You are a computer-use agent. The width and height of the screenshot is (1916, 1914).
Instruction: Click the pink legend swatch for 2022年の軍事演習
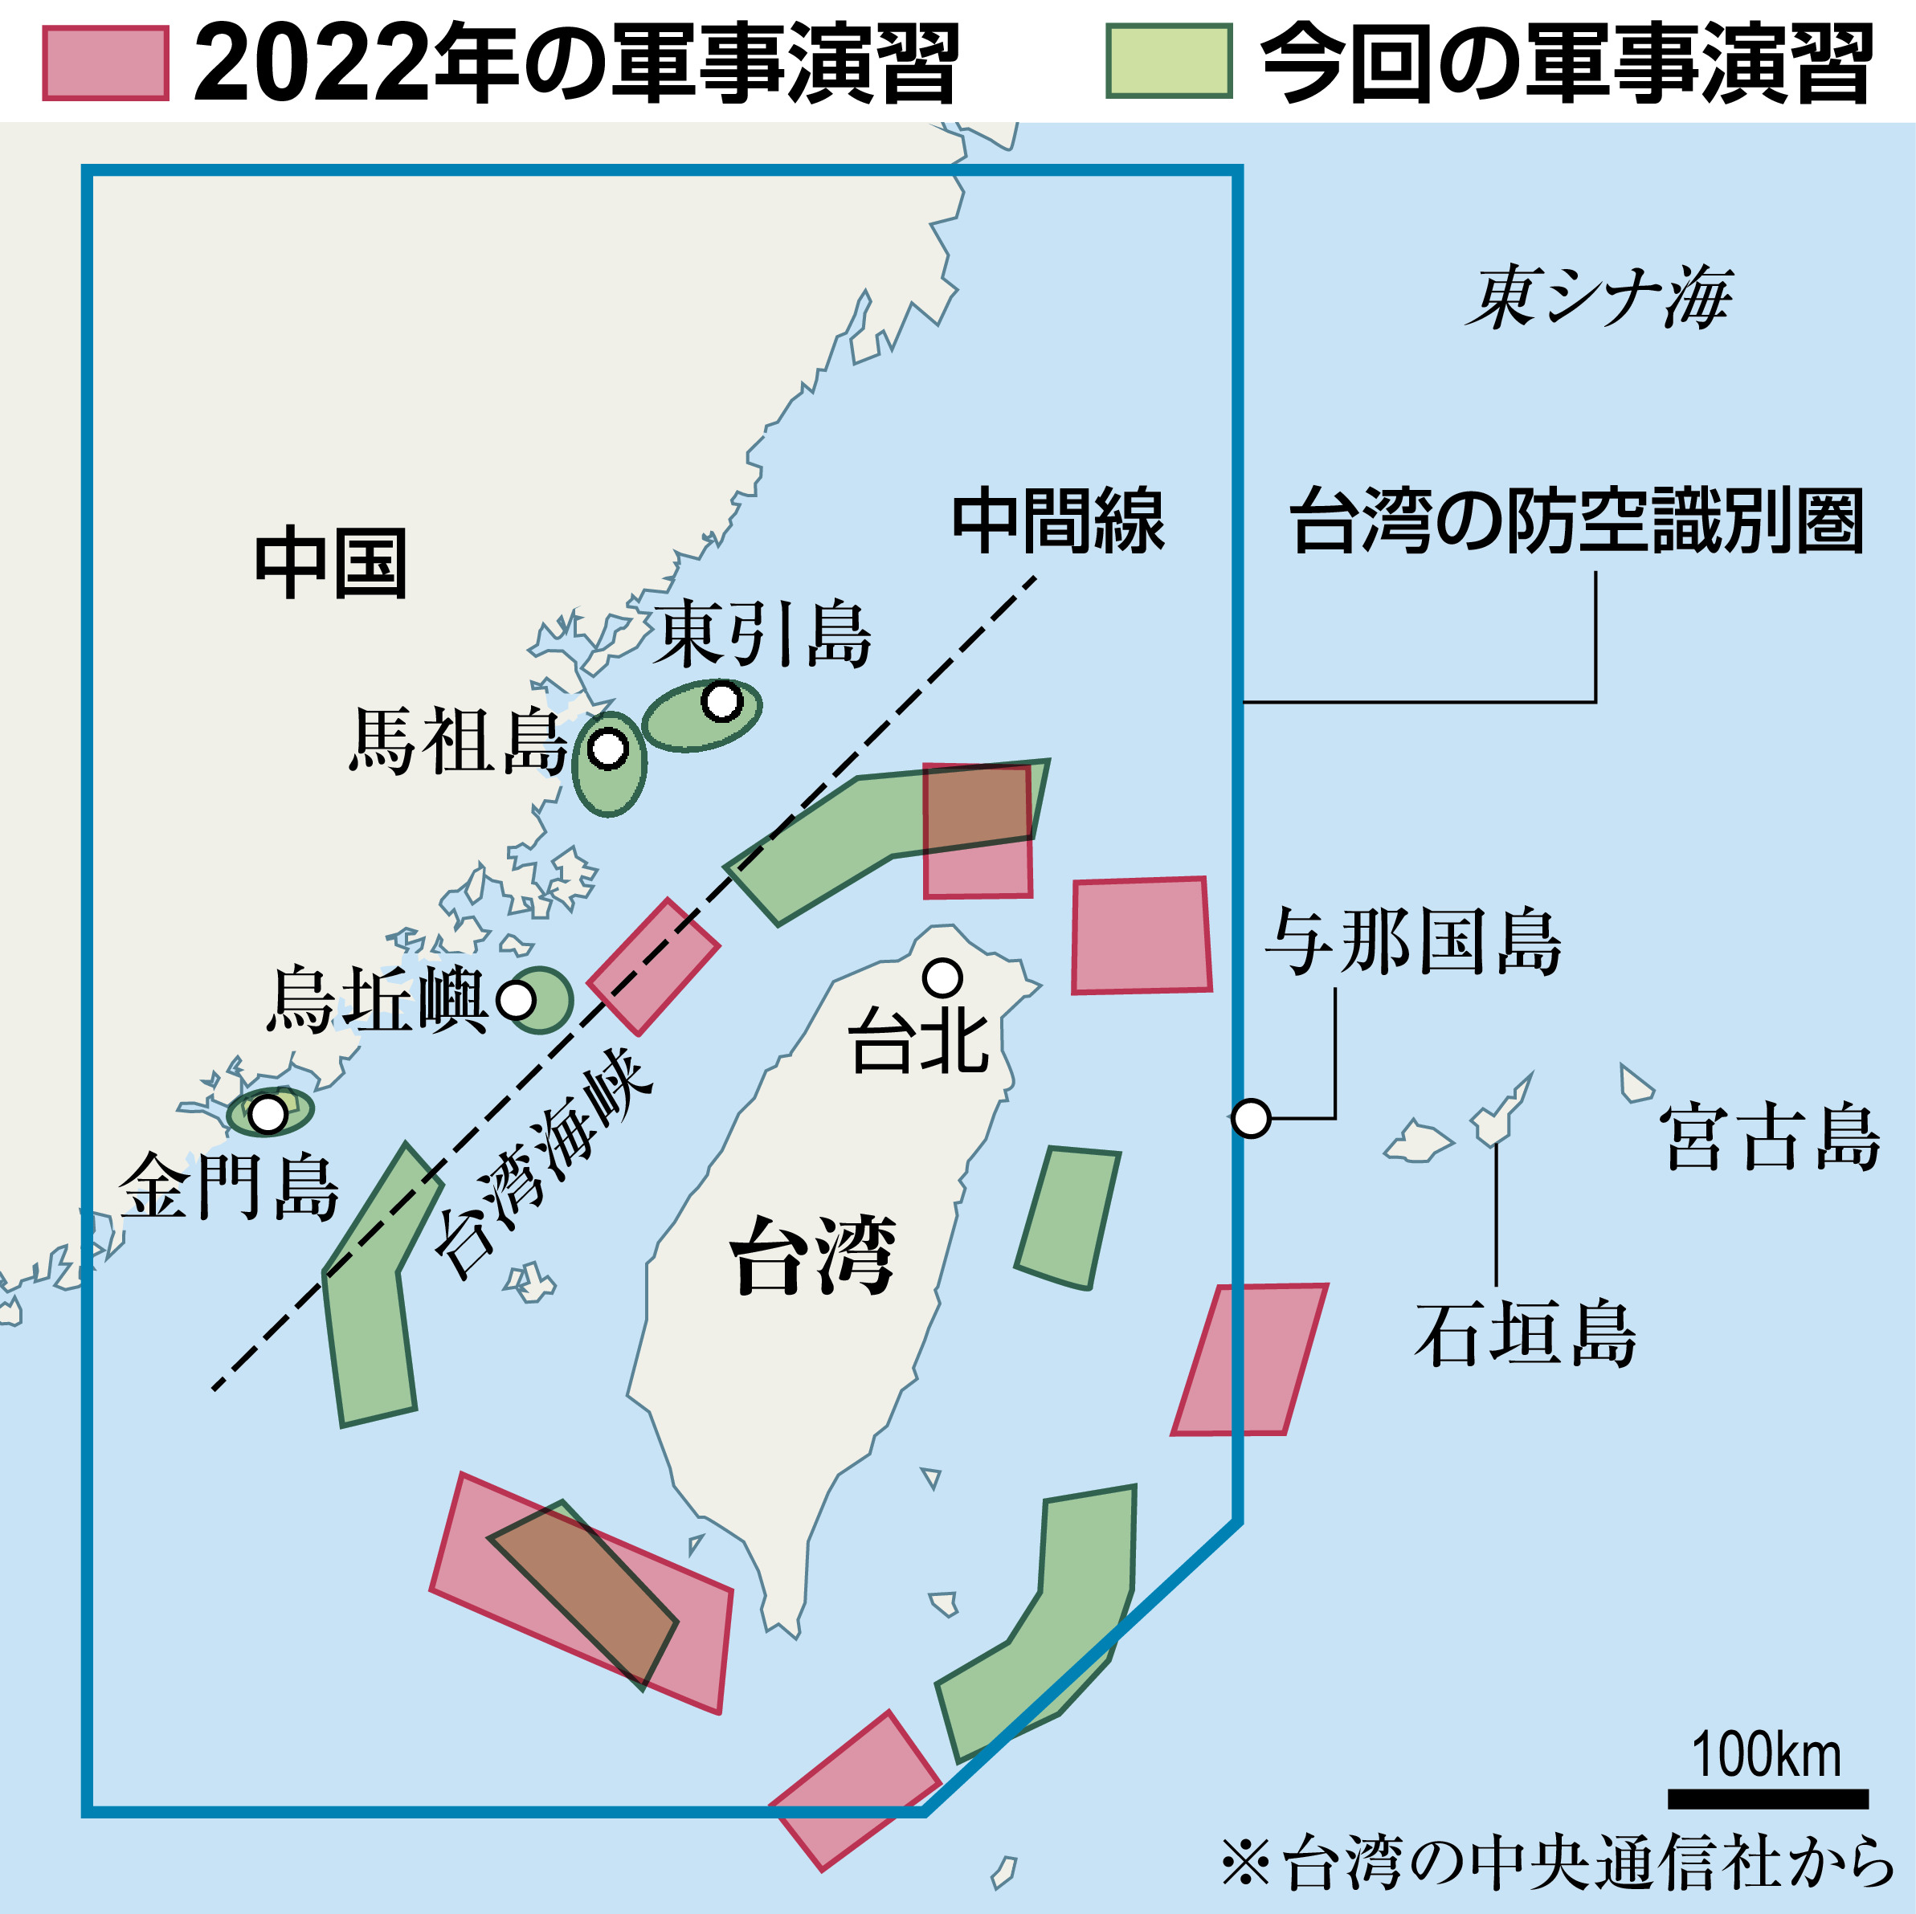105,63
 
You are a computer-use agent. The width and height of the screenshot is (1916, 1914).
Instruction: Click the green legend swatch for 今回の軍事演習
1169,62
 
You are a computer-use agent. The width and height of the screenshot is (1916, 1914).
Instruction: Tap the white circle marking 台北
942,977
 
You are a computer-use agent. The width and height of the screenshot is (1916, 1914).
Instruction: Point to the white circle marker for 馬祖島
608,749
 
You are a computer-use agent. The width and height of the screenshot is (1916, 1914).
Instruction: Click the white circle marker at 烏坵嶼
516,1000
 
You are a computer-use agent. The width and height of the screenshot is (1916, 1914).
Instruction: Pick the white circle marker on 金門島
268,1114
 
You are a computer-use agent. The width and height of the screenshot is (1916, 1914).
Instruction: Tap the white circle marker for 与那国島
1252,1119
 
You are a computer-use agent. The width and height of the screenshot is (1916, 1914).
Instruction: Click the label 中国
331,563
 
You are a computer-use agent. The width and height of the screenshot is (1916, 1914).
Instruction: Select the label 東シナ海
1599,297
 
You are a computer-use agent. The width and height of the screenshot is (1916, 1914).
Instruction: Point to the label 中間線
1057,521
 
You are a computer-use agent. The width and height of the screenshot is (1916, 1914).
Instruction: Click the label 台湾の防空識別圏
1577,521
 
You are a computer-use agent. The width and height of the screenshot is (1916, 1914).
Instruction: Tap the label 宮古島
1771,1137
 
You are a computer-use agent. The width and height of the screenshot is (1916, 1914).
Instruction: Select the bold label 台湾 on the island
813,1255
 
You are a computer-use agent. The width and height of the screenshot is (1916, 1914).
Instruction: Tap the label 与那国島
1414,942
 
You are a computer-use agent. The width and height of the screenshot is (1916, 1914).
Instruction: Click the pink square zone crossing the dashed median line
654,967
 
